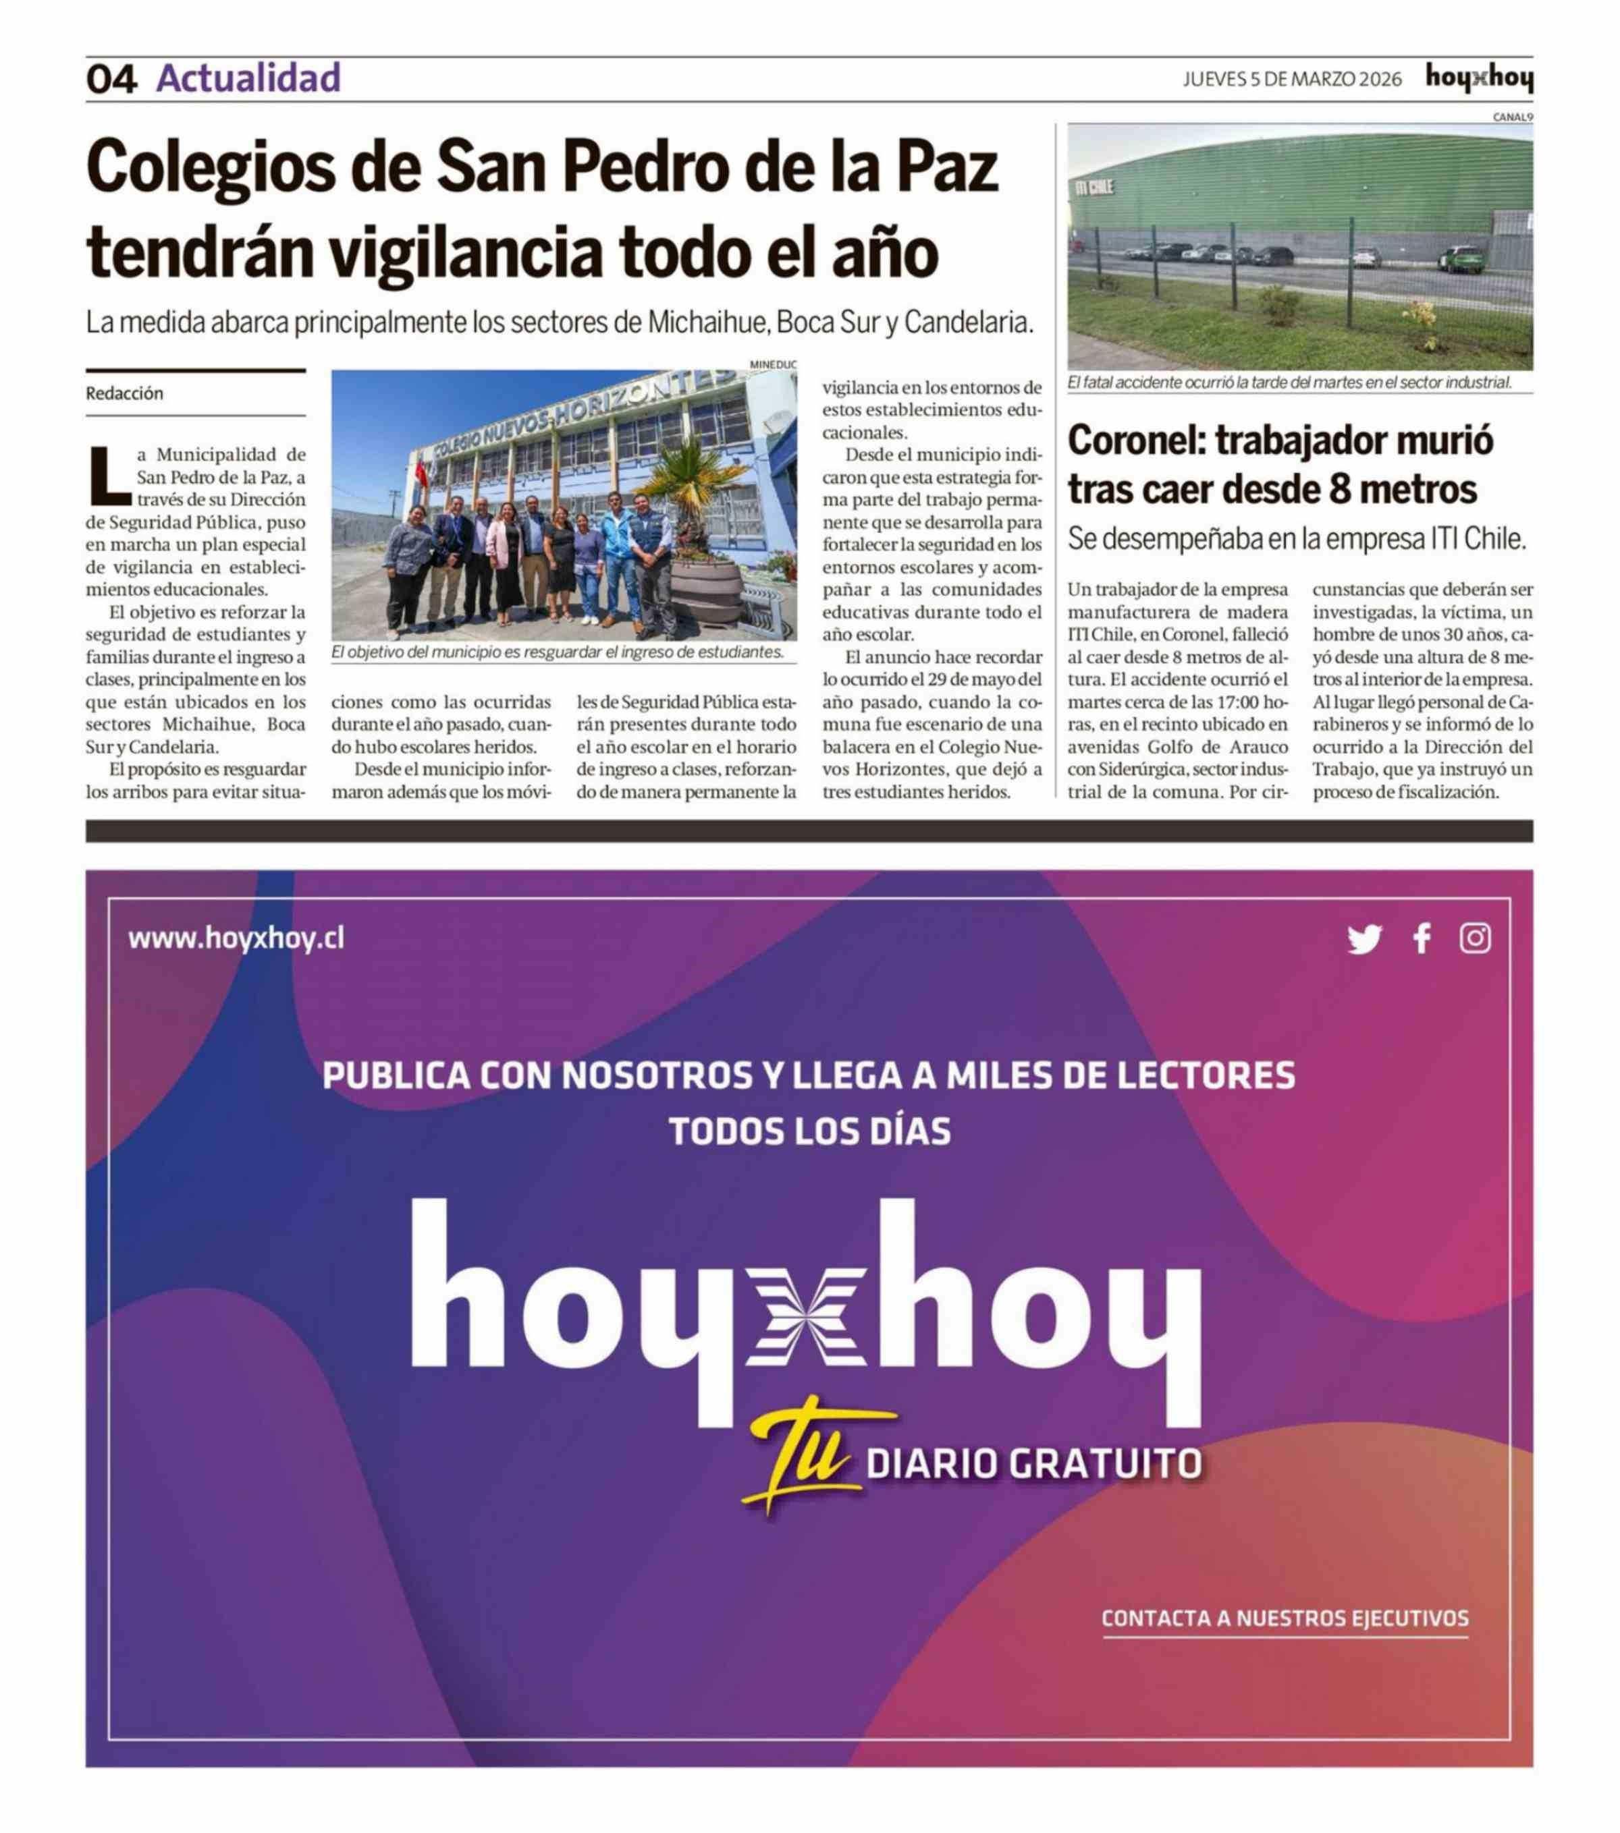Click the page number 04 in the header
click(111, 79)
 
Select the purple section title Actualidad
click(248, 78)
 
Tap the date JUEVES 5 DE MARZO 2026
click(1292, 79)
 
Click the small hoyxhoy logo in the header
click(1478, 79)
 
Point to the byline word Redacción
click(125, 393)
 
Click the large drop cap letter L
click(109, 476)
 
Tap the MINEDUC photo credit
click(772, 365)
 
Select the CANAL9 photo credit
click(1513, 117)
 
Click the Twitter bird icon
click(1363, 939)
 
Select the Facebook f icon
click(1422, 939)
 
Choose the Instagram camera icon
click(1475, 939)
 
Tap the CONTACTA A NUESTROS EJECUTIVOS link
click(1285, 1618)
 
